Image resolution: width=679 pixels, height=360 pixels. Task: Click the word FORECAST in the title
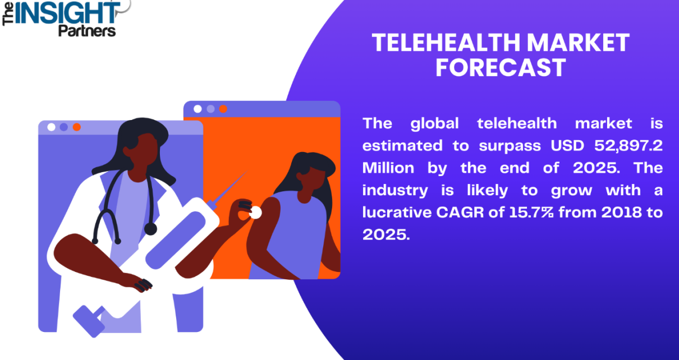click(x=501, y=68)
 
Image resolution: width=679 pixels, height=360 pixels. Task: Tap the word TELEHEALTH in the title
click(x=446, y=43)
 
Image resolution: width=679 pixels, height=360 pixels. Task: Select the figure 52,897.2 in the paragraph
click(x=628, y=146)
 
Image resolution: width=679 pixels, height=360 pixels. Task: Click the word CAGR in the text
click(x=460, y=212)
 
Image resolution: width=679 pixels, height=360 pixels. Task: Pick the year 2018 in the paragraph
click(x=621, y=212)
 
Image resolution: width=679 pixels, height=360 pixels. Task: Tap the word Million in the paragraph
click(x=388, y=168)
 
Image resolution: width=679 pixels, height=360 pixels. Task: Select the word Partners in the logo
click(x=87, y=31)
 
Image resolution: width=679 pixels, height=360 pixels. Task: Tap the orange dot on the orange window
click(x=223, y=109)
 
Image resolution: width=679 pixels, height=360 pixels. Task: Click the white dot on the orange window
click(x=198, y=109)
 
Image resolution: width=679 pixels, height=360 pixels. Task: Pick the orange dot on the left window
click(x=77, y=127)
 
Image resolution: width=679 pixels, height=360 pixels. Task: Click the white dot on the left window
click(x=51, y=127)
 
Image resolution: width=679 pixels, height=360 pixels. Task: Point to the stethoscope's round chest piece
click(x=150, y=229)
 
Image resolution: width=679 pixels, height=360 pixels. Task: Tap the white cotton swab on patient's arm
click(x=255, y=213)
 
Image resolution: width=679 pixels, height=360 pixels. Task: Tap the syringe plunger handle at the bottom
click(x=89, y=321)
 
